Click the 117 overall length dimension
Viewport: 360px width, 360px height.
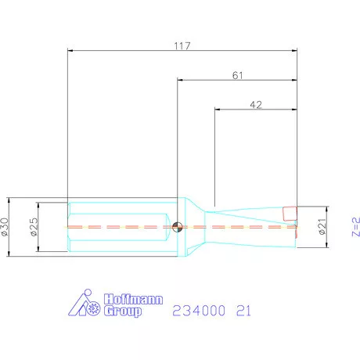click(182, 45)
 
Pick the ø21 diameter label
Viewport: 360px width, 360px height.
click(322, 228)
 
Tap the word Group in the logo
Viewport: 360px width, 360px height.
click(124, 311)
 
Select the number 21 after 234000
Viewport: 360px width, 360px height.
click(245, 311)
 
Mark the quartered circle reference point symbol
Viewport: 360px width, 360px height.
click(179, 227)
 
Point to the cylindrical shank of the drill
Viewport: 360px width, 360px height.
click(117, 227)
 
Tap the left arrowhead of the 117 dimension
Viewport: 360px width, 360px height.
click(72, 51)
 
